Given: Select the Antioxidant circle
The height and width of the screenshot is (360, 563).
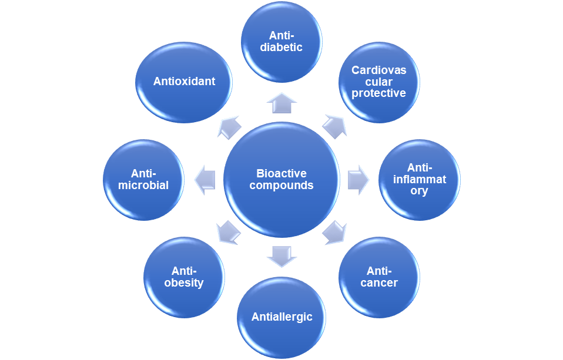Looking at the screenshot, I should (x=184, y=82).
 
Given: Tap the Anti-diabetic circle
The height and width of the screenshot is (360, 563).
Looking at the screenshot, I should (x=281, y=41).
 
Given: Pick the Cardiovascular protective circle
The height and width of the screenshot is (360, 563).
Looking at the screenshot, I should (x=379, y=82).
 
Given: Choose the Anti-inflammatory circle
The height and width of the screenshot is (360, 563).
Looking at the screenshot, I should (x=420, y=180).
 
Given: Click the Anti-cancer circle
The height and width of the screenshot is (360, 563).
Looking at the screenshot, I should (x=380, y=277).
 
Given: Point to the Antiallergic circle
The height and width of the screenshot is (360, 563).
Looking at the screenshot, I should (x=281, y=318).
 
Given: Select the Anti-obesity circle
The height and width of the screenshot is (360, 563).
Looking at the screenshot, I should (x=185, y=277).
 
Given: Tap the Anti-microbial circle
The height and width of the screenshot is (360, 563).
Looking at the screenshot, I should (x=144, y=180).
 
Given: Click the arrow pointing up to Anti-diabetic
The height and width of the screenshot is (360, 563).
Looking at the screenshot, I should (x=281, y=103).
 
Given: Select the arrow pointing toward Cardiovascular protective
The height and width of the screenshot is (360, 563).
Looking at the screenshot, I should (x=334, y=126).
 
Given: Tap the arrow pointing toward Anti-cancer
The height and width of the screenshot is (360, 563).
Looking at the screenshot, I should (x=334, y=233).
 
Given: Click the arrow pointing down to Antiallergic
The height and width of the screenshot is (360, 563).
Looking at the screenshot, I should (x=281, y=256).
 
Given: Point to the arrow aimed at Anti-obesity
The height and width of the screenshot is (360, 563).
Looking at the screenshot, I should (x=229, y=233).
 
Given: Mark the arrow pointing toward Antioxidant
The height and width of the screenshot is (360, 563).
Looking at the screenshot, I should (x=229, y=126).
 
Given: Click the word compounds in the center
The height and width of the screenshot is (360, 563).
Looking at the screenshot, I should (x=286, y=186).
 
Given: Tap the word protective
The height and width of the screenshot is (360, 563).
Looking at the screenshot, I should (x=379, y=93).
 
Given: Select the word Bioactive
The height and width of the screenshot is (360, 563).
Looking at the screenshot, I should (x=281, y=174).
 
